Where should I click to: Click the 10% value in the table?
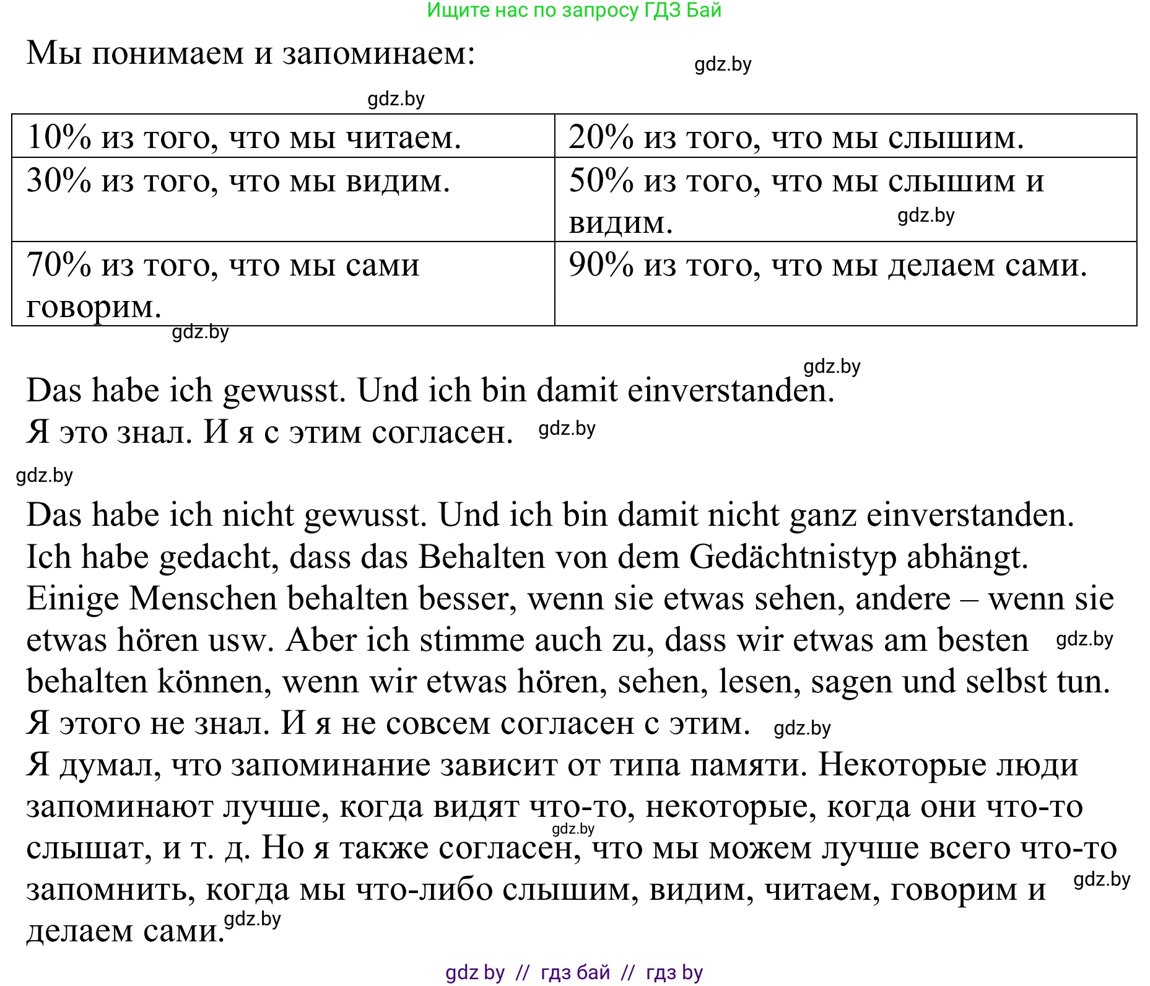[x=59, y=137]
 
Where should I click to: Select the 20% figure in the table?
[x=601, y=137]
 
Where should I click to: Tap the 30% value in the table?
[x=59, y=181]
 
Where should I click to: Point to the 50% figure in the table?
[x=601, y=181]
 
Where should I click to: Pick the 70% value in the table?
[x=59, y=265]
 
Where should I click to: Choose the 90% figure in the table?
[x=601, y=265]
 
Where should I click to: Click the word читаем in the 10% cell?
[x=403, y=137]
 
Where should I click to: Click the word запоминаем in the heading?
[x=378, y=53]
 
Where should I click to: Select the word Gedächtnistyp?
[x=793, y=557]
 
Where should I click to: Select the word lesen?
[x=759, y=682]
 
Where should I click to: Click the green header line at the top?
[x=574, y=11]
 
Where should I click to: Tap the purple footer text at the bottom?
[x=574, y=973]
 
